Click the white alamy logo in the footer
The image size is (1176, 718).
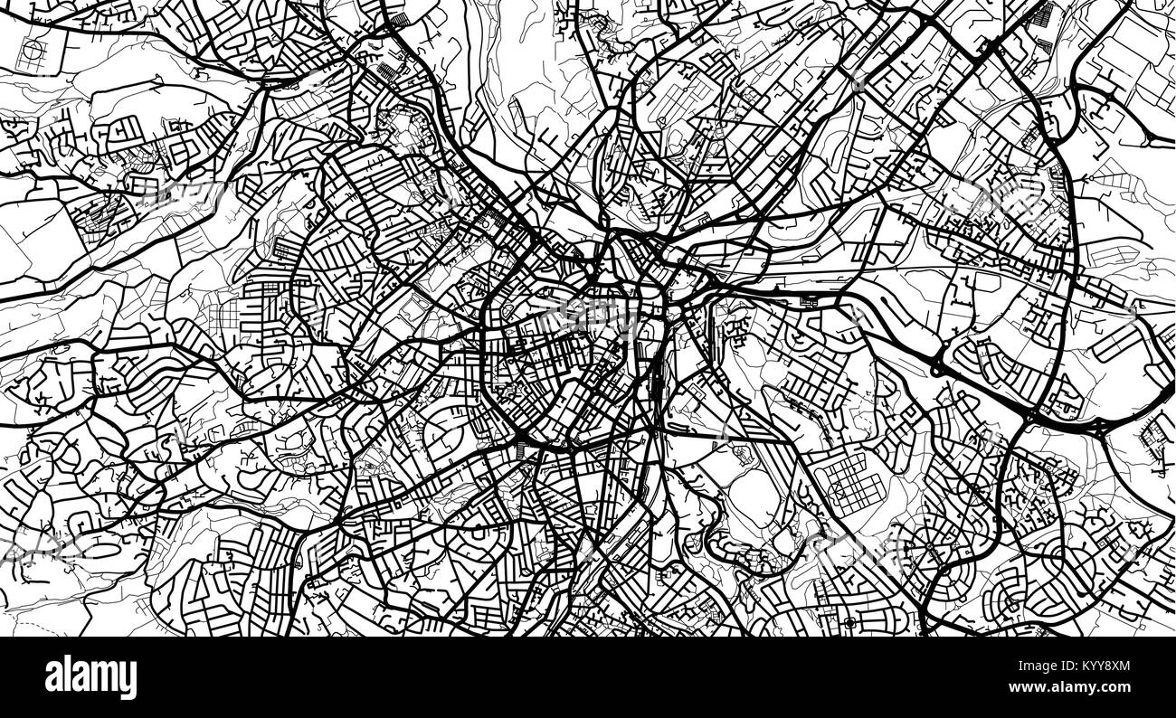coord(90,676)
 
